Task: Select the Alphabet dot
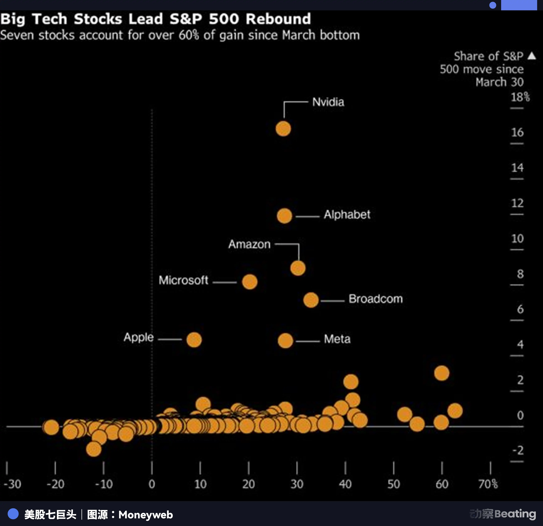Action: point(284,216)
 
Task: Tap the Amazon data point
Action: point(298,268)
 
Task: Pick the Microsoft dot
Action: point(250,282)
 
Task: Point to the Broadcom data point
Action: point(311,300)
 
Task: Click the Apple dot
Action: point(194,340)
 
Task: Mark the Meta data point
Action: point(285,341)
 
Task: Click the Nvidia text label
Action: point(328,102)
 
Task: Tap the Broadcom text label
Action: point(375,299)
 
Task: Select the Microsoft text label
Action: point(183,280)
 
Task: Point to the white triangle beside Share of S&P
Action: point(532,56)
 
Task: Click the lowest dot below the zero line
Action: point(94,449)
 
